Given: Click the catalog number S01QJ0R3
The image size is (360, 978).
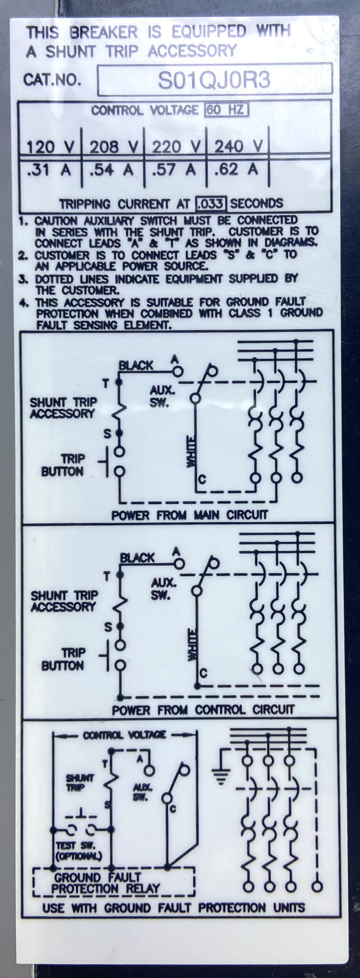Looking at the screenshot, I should (214, 80).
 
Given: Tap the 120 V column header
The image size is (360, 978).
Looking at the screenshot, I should (50, 146).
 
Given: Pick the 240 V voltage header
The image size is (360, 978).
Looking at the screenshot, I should (238, 146).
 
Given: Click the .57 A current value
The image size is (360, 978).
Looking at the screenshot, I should (173, 170).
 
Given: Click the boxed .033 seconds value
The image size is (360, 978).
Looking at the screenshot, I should (210, 204).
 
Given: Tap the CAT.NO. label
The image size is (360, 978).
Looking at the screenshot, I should (53, 80).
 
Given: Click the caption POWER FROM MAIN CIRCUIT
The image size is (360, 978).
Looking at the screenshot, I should (190, 515).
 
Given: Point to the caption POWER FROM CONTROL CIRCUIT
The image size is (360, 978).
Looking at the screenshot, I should (203, 710).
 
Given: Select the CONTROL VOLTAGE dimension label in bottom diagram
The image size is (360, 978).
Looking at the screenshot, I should (125, 735).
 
